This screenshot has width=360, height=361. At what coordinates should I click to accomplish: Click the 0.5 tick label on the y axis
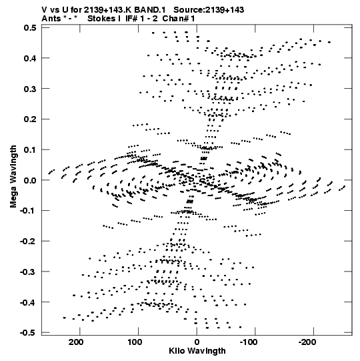point(30,27)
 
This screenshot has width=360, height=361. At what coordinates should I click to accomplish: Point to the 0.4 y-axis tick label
point(30,58)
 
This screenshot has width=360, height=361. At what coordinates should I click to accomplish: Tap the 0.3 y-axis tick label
point(30,89)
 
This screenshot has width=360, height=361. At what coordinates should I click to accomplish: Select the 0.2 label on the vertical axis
point(30,119)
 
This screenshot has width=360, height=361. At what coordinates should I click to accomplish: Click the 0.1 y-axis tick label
point(30,150)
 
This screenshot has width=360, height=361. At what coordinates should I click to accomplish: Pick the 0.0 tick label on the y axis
point(30,180)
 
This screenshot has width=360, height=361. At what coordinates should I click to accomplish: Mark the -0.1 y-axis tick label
point(28,211)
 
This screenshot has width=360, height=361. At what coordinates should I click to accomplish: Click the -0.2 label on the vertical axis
point(28,242)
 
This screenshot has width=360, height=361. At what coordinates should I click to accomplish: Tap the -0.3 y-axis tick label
point(28,272)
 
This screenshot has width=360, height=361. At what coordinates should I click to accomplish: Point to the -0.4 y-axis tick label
point(28,302)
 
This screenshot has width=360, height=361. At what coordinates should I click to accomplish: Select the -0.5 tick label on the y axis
point(28,333)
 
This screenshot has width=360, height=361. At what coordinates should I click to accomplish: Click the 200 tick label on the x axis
point(76,342)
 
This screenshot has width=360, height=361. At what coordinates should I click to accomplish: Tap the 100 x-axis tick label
point(135,342)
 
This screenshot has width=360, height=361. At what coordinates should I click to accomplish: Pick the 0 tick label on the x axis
point(197,342)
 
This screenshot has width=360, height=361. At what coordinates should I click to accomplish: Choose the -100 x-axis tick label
point(249,342)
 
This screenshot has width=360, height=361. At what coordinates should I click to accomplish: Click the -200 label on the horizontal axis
point(307,342)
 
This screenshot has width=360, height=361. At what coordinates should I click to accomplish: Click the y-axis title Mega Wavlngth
point(13,177)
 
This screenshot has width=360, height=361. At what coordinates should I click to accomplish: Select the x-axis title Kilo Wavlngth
point(197,351)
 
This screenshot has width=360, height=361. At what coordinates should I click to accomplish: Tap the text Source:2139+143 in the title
point(209,10)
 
